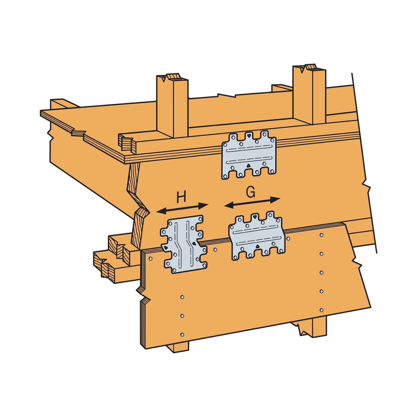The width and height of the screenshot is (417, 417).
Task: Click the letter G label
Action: (x=250, y=192)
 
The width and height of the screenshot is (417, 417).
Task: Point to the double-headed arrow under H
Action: (x=182, y=209)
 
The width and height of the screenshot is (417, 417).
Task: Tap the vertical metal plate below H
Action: (x=184, y=244)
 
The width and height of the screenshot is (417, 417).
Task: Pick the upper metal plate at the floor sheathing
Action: (x=249, y=155)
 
